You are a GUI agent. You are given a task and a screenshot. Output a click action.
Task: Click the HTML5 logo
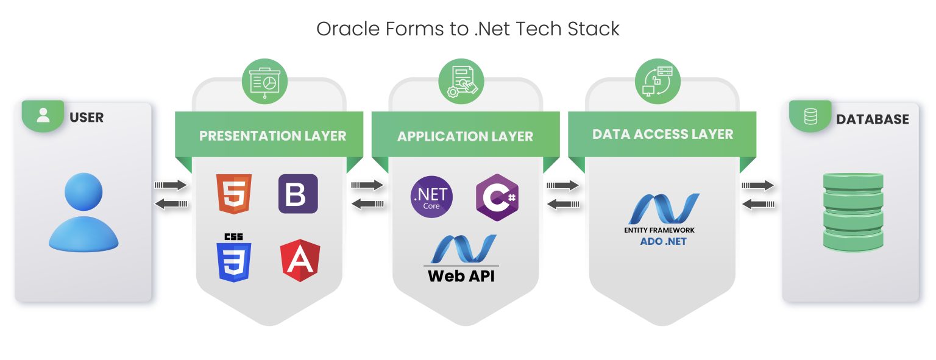233,193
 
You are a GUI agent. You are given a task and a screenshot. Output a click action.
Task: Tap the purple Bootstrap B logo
298,193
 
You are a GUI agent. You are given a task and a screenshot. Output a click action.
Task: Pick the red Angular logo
300,261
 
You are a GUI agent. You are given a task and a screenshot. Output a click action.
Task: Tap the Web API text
461,275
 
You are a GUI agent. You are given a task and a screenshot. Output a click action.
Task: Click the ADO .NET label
663,241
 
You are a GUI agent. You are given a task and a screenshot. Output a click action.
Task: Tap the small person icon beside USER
43,116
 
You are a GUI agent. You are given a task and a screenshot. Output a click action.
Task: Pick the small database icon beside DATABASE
810,116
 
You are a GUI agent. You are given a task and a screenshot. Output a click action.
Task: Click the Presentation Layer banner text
272,136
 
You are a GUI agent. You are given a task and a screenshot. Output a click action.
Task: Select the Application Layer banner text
465,136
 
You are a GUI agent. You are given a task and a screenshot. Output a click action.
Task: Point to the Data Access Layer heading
662,134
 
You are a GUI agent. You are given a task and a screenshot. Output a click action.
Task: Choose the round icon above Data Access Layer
658,81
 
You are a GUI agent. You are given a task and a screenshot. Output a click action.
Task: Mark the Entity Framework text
659,230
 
